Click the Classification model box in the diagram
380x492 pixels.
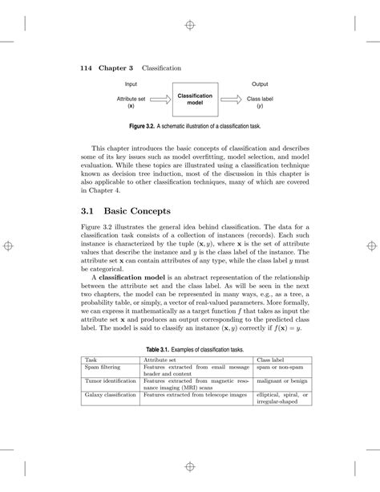coord(195,100)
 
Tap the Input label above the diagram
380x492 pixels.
coord(131,83)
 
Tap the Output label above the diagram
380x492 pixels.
coord(260,83)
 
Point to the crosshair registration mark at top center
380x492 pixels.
coord(190,26)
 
